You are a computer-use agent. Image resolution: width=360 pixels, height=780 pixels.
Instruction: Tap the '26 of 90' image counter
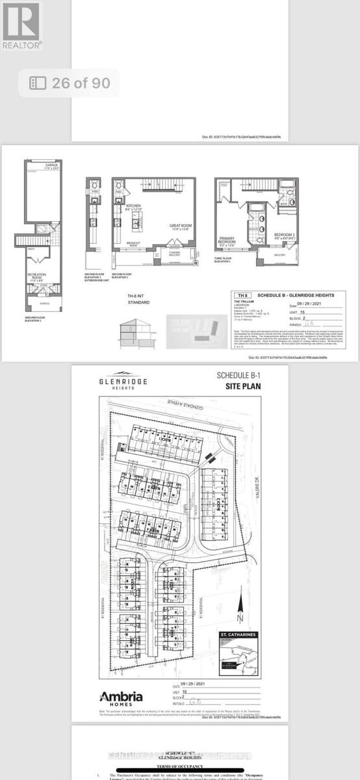tap(71, 83)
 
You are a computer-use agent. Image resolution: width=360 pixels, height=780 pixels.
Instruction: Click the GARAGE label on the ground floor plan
tap(51, 166)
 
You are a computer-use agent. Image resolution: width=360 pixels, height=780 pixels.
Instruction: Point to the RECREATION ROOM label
tap(37, 277)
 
